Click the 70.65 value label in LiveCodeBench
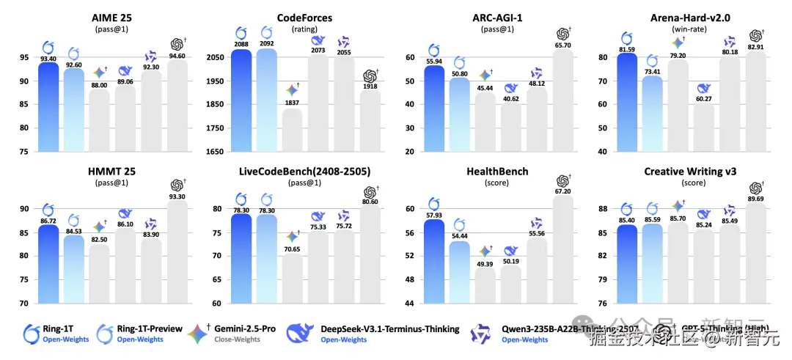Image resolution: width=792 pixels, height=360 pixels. coord(292,249)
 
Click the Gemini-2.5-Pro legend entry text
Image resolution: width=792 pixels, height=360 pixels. coord(245,328)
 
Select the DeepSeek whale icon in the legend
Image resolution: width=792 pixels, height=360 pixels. coord(300,334)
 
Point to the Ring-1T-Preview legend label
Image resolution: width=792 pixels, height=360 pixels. coord(150,328)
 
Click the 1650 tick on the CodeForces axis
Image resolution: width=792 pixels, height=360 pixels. coord(214,151)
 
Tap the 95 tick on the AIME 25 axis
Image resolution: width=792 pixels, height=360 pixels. coord(23,57)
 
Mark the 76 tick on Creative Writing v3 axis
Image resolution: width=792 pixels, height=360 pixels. coord(601,303)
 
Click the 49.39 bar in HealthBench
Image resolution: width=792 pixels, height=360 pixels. coord(485,285)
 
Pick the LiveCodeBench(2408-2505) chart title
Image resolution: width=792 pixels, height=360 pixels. coord(304,171)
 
